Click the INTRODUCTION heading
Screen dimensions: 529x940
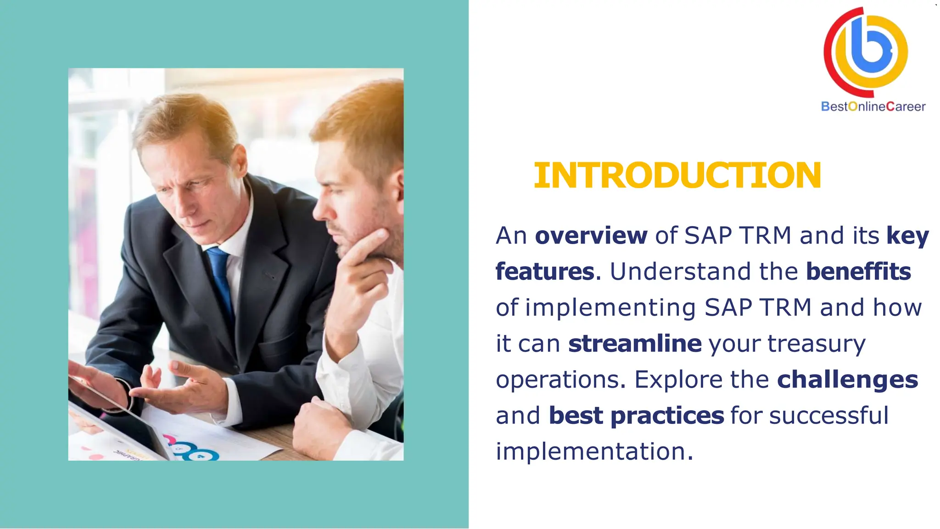point(677,175)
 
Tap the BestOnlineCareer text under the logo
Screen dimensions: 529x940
point(873,106)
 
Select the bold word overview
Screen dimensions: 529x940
point(591,235)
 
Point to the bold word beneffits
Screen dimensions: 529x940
point(858,271)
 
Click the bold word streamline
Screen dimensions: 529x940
point(635,343)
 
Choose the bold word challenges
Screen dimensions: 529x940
point(847,379)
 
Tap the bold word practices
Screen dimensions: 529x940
point(667,415)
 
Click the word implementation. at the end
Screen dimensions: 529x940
point(594,451)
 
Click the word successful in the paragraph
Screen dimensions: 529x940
point(828,415)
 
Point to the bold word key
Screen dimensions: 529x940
point(907,235)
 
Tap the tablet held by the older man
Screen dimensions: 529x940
point(115,404)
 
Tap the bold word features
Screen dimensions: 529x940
point(545,271)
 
